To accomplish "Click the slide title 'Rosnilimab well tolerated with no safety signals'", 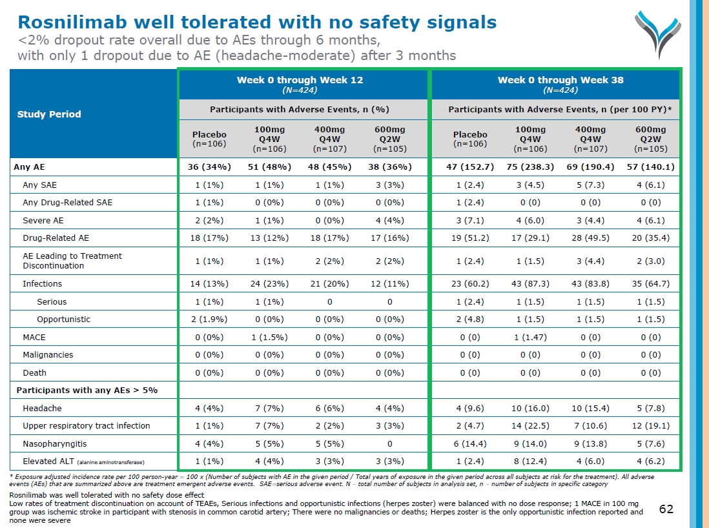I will (257, 23).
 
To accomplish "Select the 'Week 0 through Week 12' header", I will (300, 84).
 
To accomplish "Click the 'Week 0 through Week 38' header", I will (560, 84).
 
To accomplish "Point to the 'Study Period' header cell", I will (48, 114).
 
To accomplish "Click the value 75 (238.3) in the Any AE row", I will (530, 167).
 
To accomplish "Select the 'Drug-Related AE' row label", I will (56, 238).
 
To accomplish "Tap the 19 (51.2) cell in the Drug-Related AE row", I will (470, 238).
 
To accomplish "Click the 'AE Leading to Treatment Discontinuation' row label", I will (72, 261).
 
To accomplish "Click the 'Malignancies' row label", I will (48, 354).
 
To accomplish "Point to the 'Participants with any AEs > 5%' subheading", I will (87, 390).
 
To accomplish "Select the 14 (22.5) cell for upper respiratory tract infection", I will (530, 425).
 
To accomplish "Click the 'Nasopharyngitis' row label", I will (54, 443).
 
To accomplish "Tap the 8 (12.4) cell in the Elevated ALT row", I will (530, 461).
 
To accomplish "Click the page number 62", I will (666, 509).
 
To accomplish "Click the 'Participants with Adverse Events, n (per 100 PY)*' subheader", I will (560, 109).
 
